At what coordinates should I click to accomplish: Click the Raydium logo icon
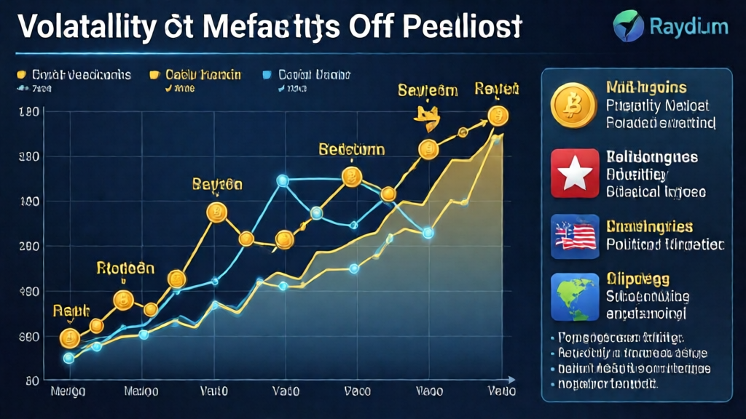point(627,24)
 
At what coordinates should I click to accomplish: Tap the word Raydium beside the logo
point(688,26)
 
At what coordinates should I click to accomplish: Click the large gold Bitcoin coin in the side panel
point(573,105)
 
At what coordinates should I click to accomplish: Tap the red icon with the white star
point(574,173)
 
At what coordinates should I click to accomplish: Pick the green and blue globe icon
point(574,297)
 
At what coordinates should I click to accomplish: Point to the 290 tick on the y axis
point(30,247)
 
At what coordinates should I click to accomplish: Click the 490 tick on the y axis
point(30,292)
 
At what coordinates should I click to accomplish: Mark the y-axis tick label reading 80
point(31,381)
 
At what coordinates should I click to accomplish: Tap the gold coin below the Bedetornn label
point(353,177)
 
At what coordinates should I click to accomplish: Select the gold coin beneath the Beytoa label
point(217,212)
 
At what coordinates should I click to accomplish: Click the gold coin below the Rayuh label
point(69,338)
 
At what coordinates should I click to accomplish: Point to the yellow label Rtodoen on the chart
point(125,268)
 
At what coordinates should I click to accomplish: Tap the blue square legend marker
point(267,75)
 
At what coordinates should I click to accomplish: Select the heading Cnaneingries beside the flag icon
point(649,227)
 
